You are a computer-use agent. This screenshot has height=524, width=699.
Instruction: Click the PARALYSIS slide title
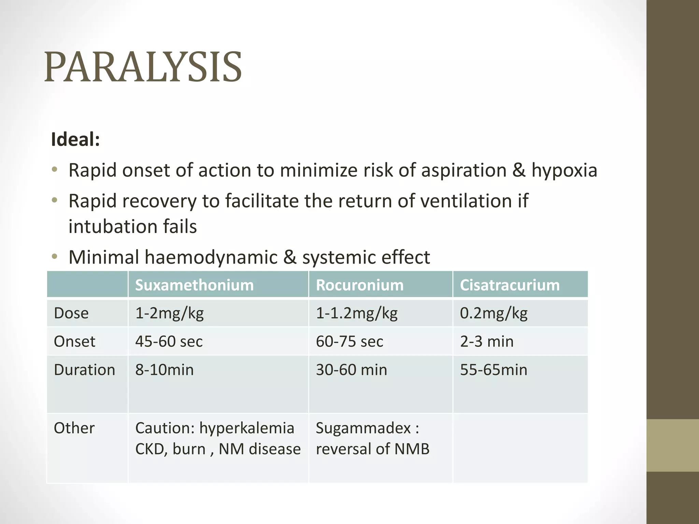[143, 67]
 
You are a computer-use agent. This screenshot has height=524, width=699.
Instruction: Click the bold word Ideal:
[75, 140]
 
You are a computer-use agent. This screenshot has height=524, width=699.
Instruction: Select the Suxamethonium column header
[194, 285]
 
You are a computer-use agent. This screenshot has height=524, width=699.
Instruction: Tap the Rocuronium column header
[359, 285]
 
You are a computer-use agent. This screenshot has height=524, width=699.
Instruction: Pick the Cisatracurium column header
[510, 285]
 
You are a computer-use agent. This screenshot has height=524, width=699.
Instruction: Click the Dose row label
[71, 313]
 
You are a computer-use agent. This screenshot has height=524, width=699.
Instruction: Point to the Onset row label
[74, 341]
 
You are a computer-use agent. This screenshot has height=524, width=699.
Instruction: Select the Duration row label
[84, 370]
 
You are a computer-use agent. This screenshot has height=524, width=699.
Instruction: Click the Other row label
[74, 428]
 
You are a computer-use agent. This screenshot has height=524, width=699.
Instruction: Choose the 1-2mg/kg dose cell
[169, 313]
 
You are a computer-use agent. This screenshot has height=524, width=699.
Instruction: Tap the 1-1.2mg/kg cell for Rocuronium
[357, 313]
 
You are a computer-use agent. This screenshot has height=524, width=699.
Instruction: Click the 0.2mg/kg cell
[494, 313]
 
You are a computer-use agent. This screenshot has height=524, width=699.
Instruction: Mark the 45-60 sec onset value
[169, 341]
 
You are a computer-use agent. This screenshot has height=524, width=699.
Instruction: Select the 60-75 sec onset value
[349, 341]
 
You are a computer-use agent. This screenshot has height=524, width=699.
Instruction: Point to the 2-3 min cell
[487, 341]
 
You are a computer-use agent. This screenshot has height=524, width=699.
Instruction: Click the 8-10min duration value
[165, 370]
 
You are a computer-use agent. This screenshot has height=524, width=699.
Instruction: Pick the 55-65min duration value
[494, 370]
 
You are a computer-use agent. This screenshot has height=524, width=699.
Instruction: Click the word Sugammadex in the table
[363, 428]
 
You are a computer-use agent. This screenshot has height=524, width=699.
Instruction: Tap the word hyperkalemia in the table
[246, 428]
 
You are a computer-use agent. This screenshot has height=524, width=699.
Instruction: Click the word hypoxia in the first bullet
[564, 170]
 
